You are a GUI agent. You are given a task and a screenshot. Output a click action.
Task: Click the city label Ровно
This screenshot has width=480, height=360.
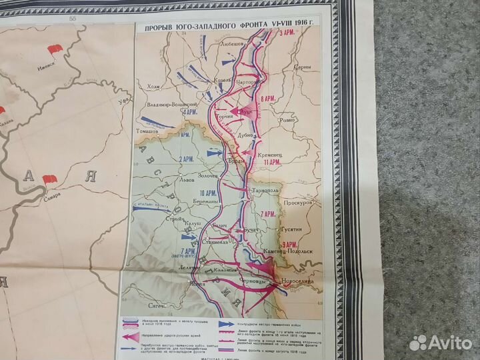(x=287, y=121)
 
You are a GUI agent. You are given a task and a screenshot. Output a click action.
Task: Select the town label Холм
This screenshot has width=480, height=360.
(x=153, y=86)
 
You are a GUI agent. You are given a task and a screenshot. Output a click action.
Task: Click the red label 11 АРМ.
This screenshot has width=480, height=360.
(x=271, y=163)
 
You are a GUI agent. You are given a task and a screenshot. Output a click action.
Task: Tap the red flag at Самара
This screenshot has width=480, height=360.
(x=49, y=180)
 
